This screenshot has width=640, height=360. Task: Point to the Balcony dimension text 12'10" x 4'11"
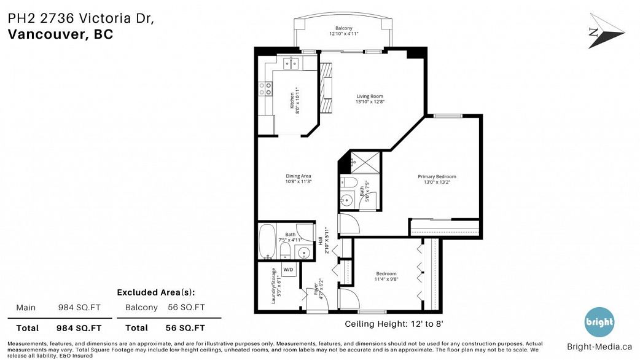point(343,34)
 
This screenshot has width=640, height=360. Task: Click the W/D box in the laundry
point(287,270)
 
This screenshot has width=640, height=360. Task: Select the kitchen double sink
point(291,62)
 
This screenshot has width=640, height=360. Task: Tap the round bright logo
point(599,321)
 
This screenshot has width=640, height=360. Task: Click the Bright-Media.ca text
point(599,346)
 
